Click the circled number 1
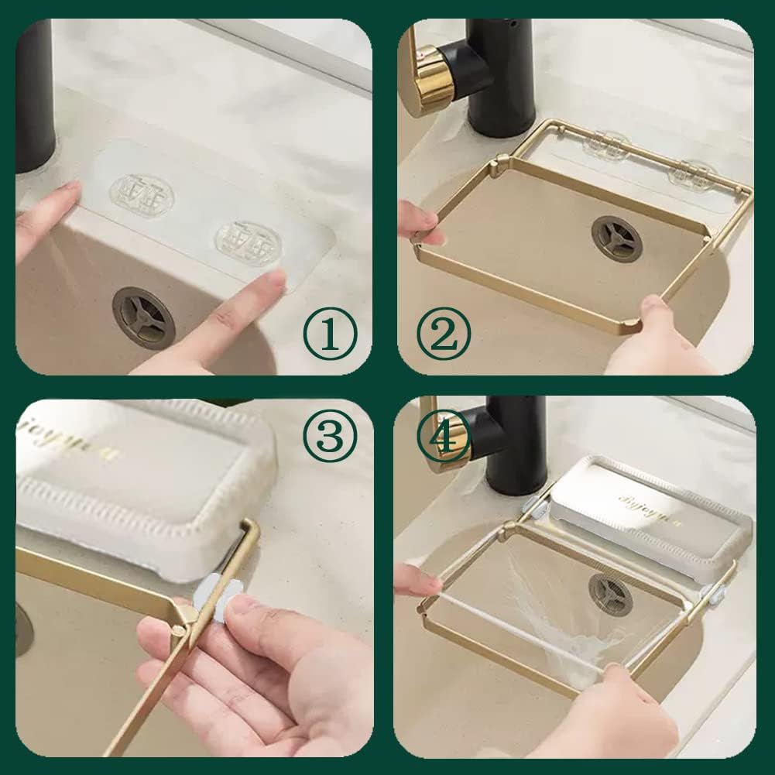(x=330, y=333)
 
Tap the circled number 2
(x=444, y=333)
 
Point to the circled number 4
(x=444, y=436)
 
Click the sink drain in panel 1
(x=143, y=317)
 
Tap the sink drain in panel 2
(x=616, y=238)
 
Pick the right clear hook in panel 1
(x=248, y=242)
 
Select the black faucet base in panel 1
(x=35, y=93)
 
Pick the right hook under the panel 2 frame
(x=691, y=175)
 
